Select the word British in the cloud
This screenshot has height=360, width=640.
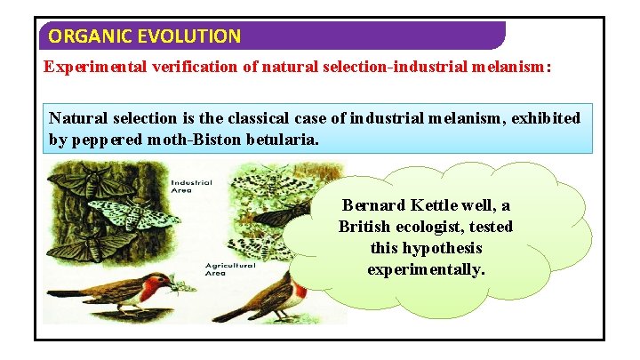pos(367,227)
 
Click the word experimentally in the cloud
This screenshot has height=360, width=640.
pos(427,269)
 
